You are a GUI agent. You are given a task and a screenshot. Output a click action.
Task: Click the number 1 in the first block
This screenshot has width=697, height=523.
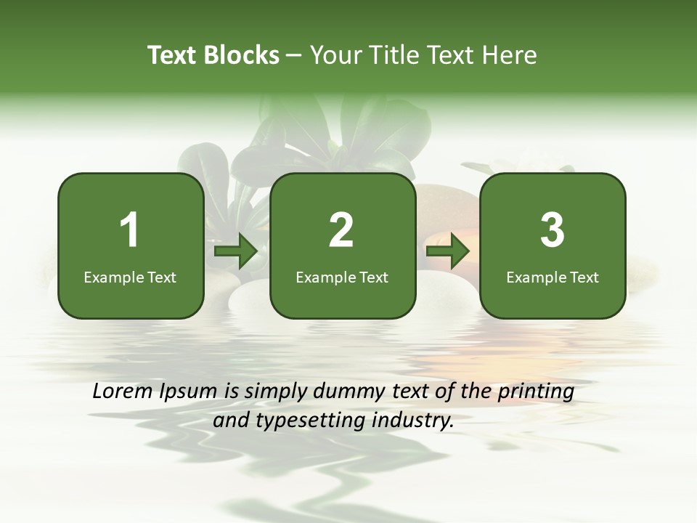(x=129, y=230)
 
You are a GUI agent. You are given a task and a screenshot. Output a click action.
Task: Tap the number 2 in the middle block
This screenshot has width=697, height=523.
(x=341, y=230)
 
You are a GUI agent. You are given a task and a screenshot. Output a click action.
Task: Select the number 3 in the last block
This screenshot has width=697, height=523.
(x=553, y=230)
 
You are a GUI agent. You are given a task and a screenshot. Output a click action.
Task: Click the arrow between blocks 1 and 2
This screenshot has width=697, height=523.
(x=237, y=251)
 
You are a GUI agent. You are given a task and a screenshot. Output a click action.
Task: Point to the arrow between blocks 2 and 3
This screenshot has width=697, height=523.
(x=448, y=251)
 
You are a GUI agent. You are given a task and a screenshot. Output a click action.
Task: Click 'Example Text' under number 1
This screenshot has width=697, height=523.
(x=130, y=277)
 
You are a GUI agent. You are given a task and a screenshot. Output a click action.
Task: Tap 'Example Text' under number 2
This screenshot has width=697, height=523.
(x=342, y=277)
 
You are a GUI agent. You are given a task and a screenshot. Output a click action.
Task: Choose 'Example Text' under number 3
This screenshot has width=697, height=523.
(x=553, y=277)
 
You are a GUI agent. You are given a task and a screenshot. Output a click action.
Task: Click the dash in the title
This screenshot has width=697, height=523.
(x=294, y=56)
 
